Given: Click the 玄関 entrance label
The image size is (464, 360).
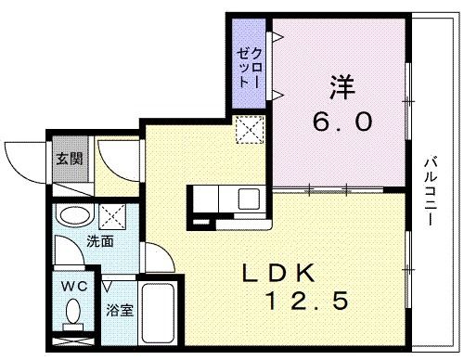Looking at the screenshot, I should [x=68, y=158].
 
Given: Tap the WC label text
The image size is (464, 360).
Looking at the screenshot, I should [x=72, y=286].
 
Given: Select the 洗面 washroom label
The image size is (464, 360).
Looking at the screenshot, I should [x=100, y=241].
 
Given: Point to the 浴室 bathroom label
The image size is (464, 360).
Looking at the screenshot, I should [x=119, y=310].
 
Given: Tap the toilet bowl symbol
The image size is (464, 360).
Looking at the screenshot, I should [x=71, y=317].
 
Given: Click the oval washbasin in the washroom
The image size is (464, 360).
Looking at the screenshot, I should [x=71, y=217].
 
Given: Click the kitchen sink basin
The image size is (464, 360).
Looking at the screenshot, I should [x=250, y=199].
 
